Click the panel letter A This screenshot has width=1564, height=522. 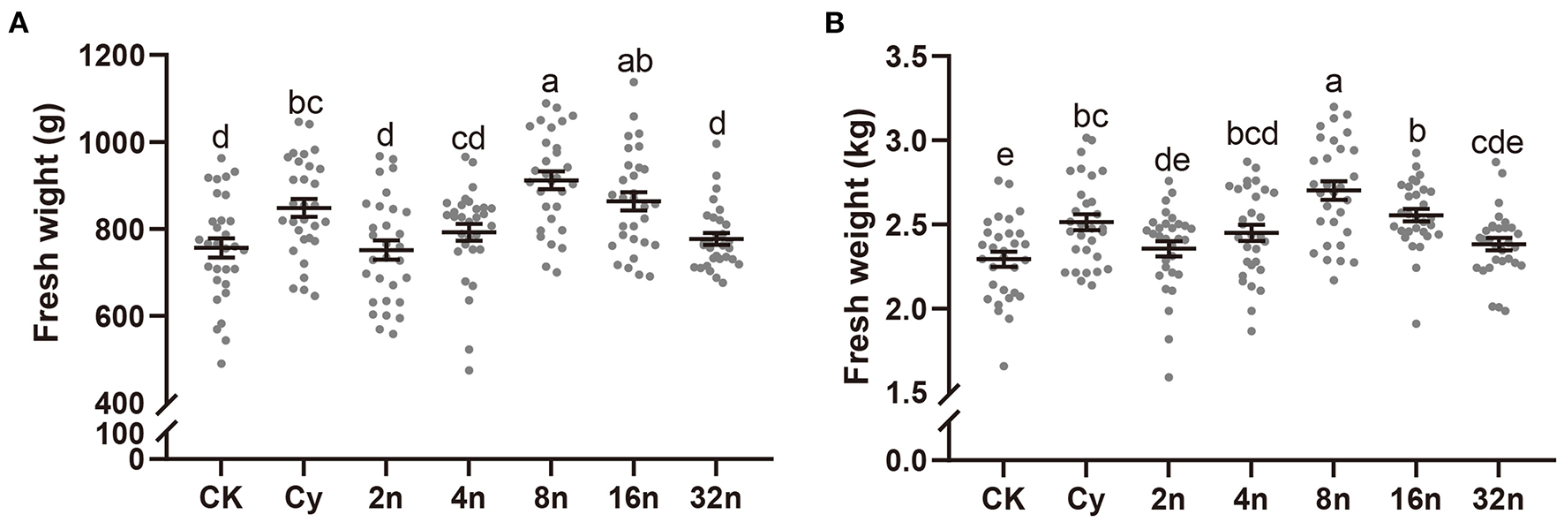point(19,25)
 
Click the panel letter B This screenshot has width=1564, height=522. point(834,25)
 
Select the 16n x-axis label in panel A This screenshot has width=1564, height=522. point(632,498)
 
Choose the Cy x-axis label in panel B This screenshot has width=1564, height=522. point(1086,499)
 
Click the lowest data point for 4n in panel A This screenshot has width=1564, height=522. point(469,370)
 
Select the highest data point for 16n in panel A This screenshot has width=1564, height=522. point(632,82)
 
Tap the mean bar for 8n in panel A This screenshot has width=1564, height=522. point(550,180)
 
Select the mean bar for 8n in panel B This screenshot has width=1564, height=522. point(1333,190)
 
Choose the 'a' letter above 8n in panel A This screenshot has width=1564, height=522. point(550,83)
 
